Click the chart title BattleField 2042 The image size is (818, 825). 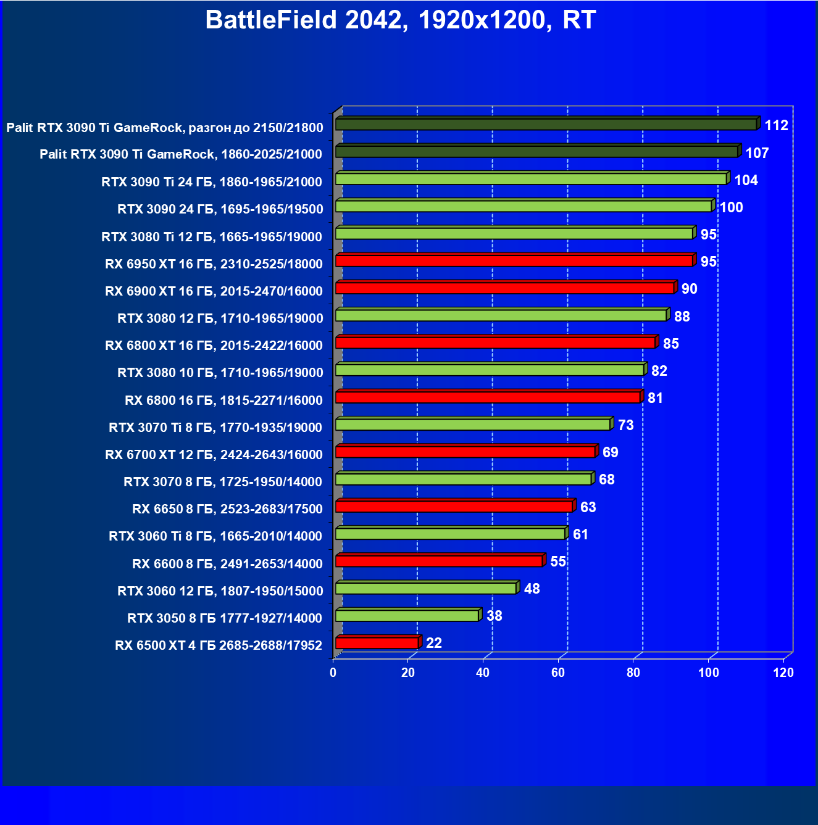tap(400, 20)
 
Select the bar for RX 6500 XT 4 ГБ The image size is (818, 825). tap(377, 643)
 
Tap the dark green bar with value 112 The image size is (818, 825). tap(546, 125)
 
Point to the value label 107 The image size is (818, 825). tap(757, 153)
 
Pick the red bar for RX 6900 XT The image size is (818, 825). tap(504, 288)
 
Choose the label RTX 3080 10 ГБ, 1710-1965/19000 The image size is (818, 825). tap(220, 373)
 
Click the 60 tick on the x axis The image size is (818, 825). tap(558, 673)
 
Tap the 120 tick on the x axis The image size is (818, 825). tap(783, 673)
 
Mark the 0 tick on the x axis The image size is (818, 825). tap(333, 673)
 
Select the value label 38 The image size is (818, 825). tap(495, 616)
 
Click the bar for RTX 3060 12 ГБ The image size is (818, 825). tap(426, 589)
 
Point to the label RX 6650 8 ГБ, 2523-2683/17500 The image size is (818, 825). tap(227, 509)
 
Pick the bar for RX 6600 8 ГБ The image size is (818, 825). tap(439, 561)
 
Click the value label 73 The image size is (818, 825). tap(625, 425)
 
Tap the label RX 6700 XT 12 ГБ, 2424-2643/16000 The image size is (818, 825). tap(214, 455)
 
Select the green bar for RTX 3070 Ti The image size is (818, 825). tap(473, 425)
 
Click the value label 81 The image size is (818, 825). tap(655, 398)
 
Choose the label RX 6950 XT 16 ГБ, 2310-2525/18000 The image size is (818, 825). tap(214, 264)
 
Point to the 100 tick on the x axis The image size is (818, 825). tap(709, 673)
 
